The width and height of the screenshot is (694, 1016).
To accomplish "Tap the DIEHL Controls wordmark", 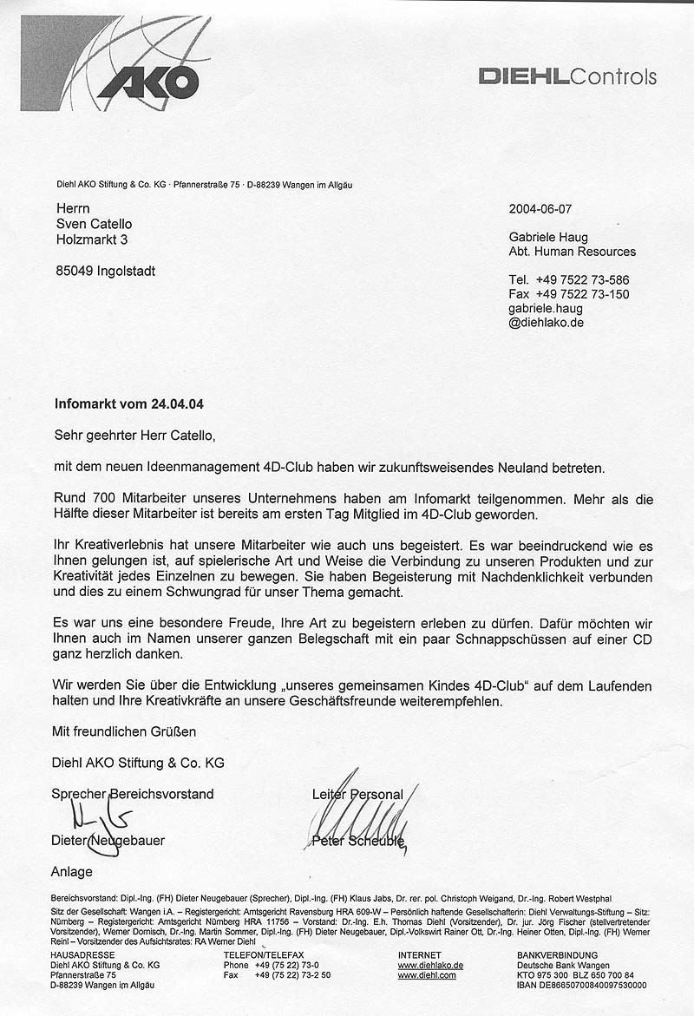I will coord(567,77).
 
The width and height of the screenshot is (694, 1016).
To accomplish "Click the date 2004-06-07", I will coord(540,209).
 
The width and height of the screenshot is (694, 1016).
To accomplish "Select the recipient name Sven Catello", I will coord(93,224).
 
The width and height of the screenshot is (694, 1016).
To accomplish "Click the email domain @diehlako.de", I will coord(546,322).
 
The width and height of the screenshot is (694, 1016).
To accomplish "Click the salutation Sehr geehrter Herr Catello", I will coord(133,434).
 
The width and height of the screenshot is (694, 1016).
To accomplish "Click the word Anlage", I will coord(72,871).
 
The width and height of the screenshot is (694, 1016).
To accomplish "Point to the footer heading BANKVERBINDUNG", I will coord(550,954).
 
